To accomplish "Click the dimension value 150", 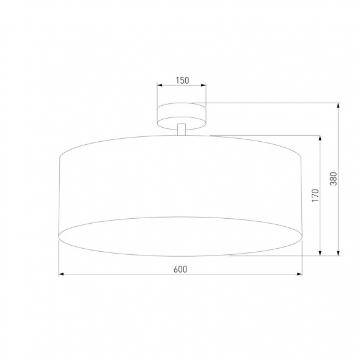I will (x=181, y=80).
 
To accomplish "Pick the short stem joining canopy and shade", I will (x=181, y=129).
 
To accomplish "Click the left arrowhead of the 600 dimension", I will (x=61, y=275).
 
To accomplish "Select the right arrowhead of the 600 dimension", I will (x=299, y=275).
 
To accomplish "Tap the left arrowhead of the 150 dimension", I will (x=159, y=86).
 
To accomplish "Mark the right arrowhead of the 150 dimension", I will (x=204, y=86).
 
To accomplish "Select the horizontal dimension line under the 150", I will (x=181, y=86).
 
